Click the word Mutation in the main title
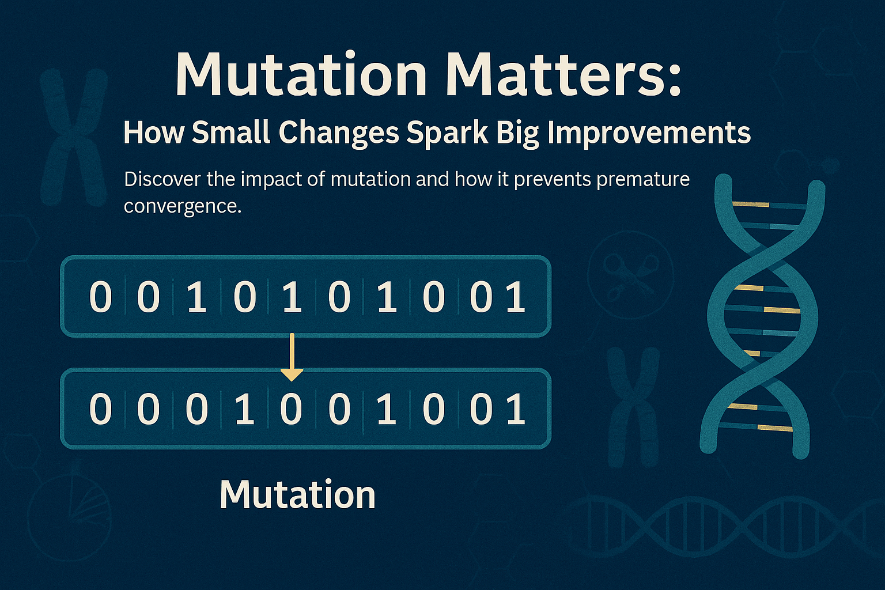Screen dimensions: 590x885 click(301, 75)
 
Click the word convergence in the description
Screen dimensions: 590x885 click(182, 206)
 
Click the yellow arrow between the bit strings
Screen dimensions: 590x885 click(292, 356)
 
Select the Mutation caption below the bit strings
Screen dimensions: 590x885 click(297, 494)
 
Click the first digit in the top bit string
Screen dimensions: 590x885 click(100, 297)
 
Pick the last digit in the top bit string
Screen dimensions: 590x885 click(516, 297)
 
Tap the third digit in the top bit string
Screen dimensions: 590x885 click(196, 297)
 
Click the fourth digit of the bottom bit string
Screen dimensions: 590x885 click(244, 409)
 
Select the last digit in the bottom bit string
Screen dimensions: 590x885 click(516, 409)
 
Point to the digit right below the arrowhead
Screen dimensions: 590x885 click(291, 409)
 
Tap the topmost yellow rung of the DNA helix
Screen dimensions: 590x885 click(751, 204)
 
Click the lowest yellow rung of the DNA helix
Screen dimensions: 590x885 click(774, 428)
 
